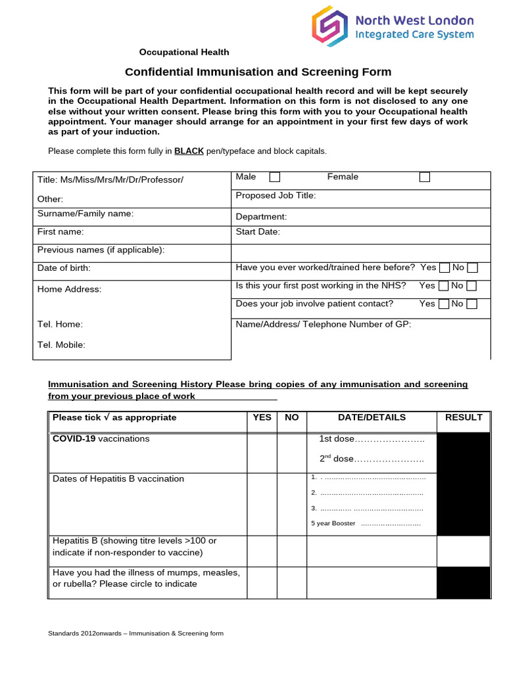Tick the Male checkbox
275,177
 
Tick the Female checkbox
425,177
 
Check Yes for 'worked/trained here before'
445,268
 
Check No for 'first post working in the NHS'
471,286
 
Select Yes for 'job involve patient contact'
445,304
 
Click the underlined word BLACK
189,151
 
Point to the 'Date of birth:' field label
64,268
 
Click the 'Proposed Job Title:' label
276,195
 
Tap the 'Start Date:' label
258,231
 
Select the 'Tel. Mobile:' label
61,344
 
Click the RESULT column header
464,417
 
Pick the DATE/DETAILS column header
372,417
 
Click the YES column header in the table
262,417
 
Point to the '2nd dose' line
372,459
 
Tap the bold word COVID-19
74,438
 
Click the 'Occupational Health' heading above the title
184,52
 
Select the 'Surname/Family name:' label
85,214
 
